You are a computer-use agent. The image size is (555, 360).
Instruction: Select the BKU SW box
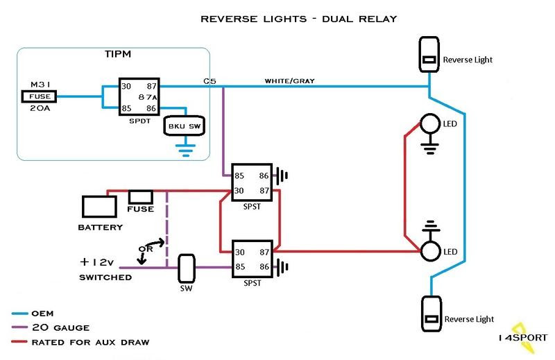(181, 126)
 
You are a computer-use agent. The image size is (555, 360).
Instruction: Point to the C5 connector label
(210, 80)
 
